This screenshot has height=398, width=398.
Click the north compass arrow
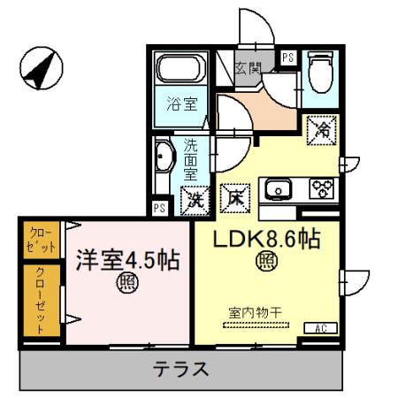click(40, 68)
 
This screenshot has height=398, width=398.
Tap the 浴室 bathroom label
click(180, 101)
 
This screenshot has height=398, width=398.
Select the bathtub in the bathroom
click(180, 69)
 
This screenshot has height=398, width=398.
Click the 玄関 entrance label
click(249, 67)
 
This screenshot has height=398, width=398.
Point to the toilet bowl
click(318, 72)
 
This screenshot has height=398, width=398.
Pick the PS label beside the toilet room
click(288, 57)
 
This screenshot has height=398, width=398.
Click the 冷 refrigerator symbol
click(320, 130)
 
